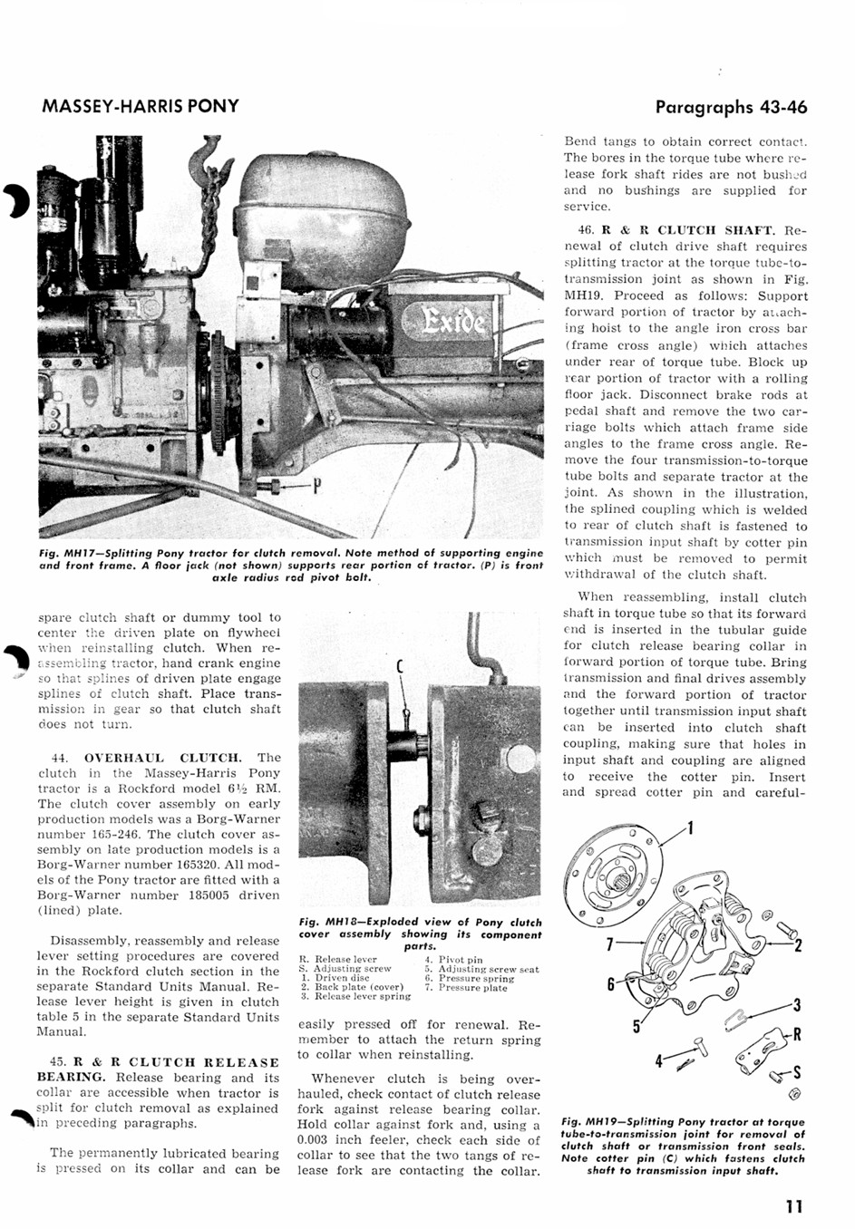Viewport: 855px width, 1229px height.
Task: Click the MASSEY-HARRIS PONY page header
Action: coord(141,106)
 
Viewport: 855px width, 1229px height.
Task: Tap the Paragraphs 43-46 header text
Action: coord(731,107)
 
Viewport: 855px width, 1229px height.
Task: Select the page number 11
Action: coord(794,1206)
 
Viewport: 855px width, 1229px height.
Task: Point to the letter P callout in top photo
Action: coord(316,487)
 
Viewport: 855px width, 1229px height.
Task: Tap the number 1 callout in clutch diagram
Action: coord(691,827)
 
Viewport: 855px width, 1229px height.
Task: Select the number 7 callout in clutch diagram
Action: coord(611,944)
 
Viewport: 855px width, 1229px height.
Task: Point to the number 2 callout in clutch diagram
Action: coord(799,946)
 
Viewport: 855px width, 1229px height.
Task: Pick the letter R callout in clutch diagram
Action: coord(797,1033)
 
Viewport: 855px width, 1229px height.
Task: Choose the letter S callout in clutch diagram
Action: coord(796,1074)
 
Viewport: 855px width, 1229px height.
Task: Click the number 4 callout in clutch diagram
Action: coord(660,1059)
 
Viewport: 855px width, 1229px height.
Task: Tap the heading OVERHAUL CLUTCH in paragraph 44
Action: coord(163,758)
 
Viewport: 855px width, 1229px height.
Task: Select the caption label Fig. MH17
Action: coord(62,553)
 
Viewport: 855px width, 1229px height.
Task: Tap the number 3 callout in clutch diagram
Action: coord(797,1004)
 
